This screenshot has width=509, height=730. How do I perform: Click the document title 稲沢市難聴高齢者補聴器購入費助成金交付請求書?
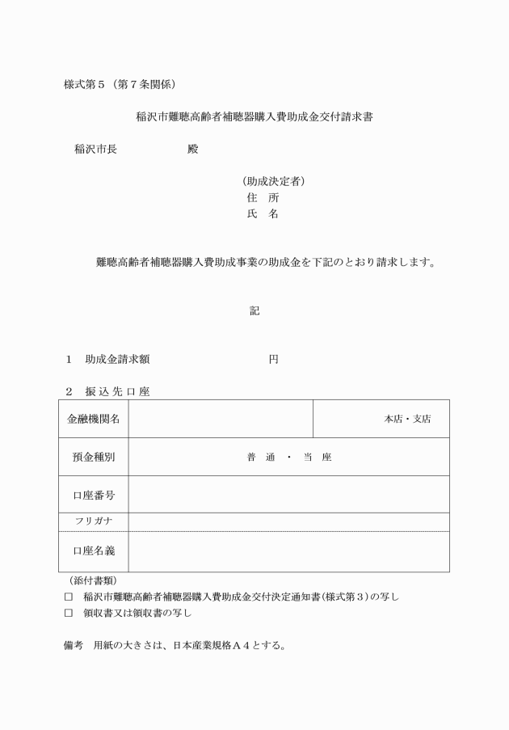(254, 116)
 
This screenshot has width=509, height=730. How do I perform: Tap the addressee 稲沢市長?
(95, 150)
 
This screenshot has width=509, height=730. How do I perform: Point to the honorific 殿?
(192, 150)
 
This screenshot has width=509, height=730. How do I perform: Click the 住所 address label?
(263, 197)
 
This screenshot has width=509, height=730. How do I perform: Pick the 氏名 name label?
(263, 213)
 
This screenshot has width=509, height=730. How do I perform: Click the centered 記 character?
(254, 310)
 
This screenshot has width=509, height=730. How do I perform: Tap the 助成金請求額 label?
(117, 359)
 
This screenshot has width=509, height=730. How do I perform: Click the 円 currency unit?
(273, 359)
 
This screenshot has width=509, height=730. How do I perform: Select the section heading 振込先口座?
(117, 391)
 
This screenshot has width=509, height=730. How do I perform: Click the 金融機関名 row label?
(94, 419)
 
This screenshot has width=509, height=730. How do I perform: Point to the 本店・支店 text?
(406, 419)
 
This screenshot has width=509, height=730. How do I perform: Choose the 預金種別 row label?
(94, 457)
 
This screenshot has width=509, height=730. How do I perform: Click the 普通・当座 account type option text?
(289, 458)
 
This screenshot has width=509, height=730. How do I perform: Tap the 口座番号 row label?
(94, 494)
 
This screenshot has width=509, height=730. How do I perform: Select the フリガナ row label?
(94, 521)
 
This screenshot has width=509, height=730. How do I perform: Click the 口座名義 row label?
(94, 551)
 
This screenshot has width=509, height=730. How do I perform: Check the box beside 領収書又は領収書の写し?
(68, 613)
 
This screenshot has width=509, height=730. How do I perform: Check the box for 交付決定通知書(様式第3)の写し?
(68, 597)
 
